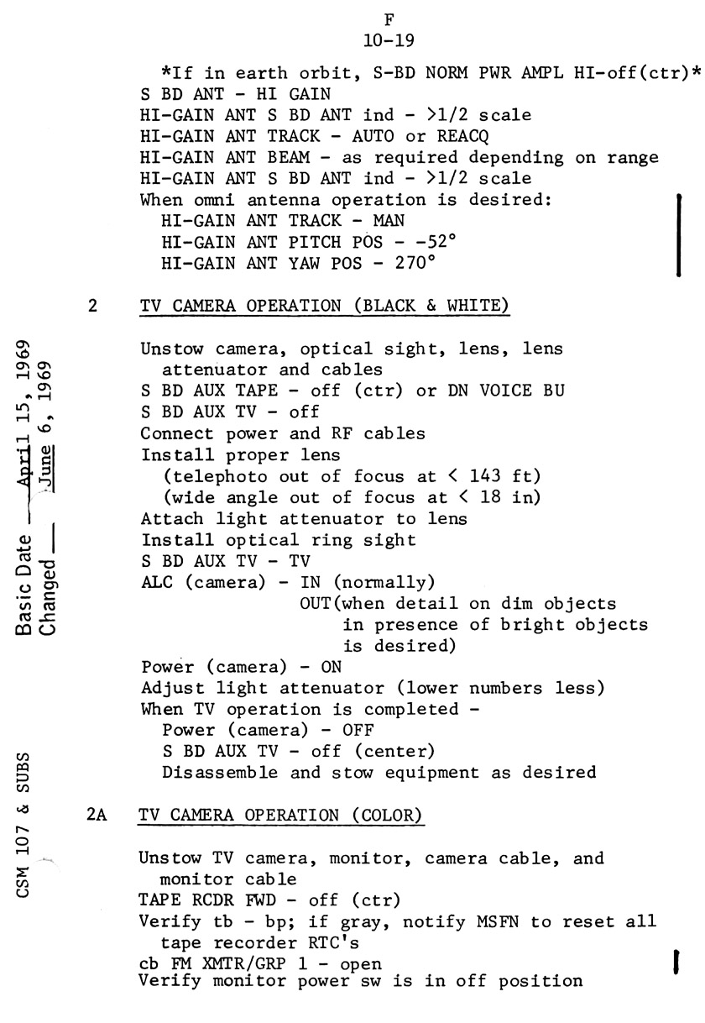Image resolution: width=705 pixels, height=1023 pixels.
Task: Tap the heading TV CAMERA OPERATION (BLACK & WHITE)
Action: (x=325, y=307)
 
